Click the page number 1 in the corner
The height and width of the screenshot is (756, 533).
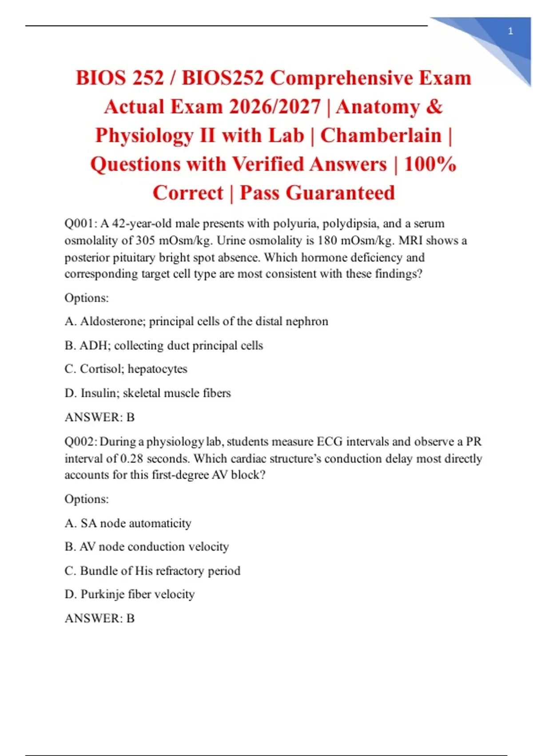pos(510,31)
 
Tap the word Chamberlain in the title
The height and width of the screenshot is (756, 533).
pos(381,136)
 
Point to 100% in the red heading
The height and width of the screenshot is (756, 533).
pos(430,164)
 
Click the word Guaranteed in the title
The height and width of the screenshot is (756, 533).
pos(340,193)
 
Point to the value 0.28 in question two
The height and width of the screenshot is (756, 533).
pos(131,458)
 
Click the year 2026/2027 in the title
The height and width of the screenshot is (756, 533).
pos(275,107)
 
